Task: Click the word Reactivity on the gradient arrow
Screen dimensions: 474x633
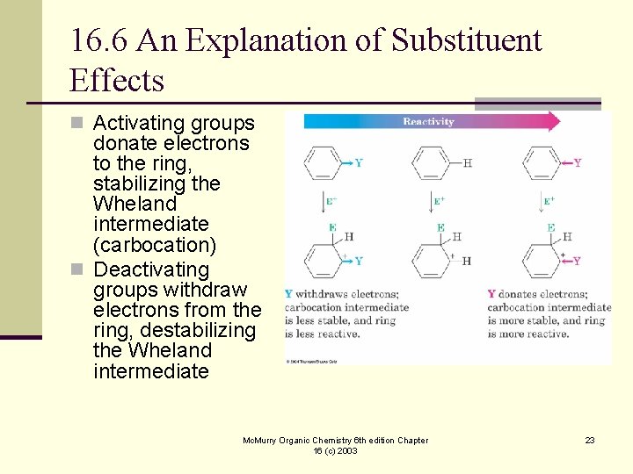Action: click(x=428, y=121)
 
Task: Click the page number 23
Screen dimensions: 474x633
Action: click(x=590, y=440)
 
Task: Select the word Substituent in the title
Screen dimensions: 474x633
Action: click(x=466, y=40)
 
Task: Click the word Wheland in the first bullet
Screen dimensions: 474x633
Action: click(x=135, y=204)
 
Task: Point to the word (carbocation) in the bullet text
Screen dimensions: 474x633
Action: click(x=154, y=244)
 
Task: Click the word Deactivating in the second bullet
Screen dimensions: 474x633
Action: click(x=151, y=269)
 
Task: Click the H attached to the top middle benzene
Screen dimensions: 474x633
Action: click(x=467, y=162)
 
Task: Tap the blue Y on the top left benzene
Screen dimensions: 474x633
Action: click(x=358, y=162)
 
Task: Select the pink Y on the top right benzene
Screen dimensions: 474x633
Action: click(x=577, y=162)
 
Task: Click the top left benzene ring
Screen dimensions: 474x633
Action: click(x=321, y=163)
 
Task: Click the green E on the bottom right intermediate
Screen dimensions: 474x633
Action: click(x=550, y=227)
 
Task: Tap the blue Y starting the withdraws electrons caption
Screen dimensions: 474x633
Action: click(x=288, y=294)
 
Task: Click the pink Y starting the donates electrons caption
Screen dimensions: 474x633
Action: click(x=491, y=294)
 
